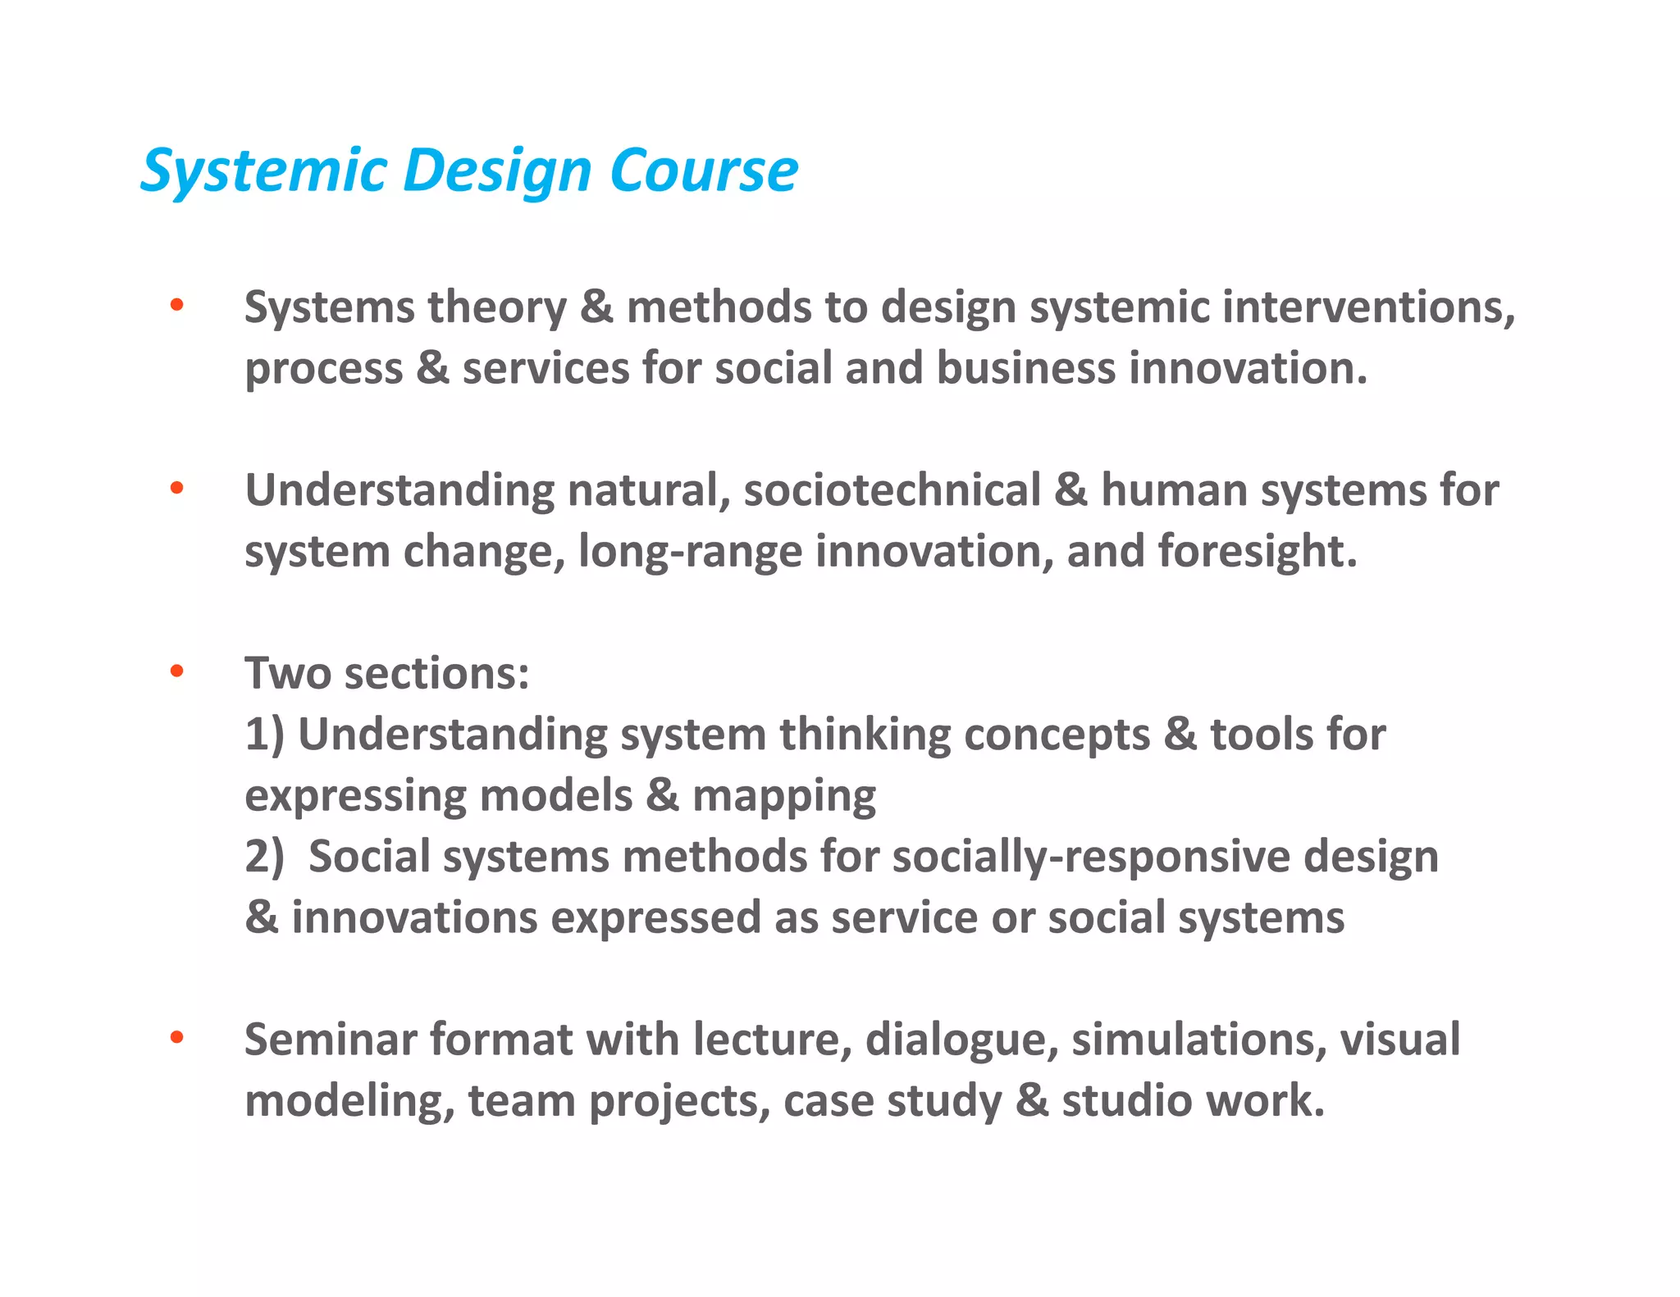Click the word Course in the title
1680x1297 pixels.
[703, 171]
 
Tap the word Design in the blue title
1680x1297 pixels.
[497, 173]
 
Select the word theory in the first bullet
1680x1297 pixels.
[497, 307]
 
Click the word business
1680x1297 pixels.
[1026, 368]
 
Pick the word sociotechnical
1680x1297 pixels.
[892, 490]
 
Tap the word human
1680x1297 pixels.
[1174, 490]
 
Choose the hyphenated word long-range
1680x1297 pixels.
[690, 552]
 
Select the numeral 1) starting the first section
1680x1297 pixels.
[264, 735]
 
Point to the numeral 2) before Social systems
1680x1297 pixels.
[264, 857]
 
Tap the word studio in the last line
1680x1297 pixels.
[1127, 1100]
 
